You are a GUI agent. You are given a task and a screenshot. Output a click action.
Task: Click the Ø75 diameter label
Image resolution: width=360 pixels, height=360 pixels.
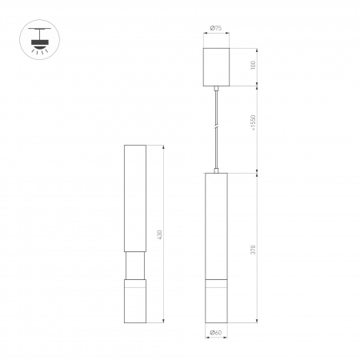pos(216,30)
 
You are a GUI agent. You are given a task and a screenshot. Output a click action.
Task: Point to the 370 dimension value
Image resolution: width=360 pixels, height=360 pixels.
pos(254,248)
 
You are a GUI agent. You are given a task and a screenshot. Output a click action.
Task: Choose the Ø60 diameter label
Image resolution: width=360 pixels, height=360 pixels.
pos(216,332)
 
